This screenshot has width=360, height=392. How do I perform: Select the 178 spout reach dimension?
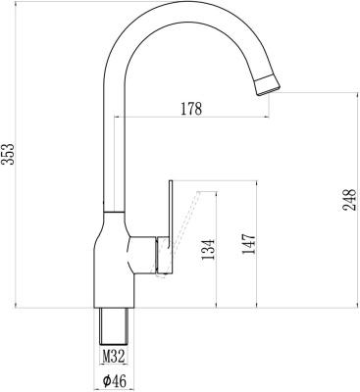click(x=190, y=109)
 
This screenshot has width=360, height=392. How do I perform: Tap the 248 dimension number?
click(x=348, y=199)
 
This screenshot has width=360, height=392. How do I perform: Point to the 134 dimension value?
click(x=208, y=251)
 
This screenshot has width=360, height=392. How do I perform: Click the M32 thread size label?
click(x=115, y=358)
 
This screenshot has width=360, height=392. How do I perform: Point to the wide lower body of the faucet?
click(x=114, y=269)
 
